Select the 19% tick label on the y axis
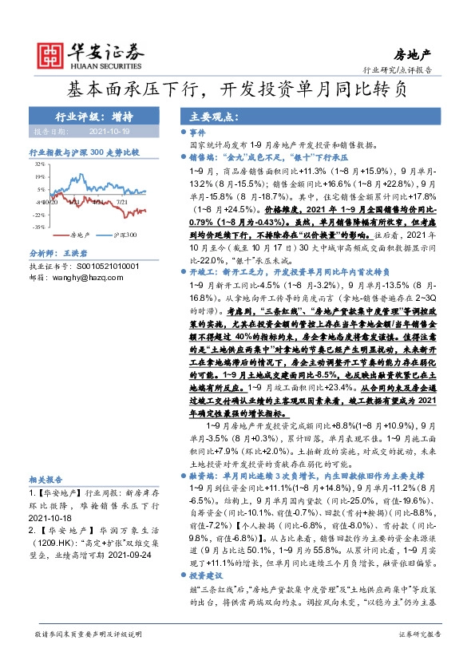pos(39,176)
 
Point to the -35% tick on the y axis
pos(38,227)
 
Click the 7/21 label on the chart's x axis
pos(123,203)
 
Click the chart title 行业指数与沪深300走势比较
pos(84,150)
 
